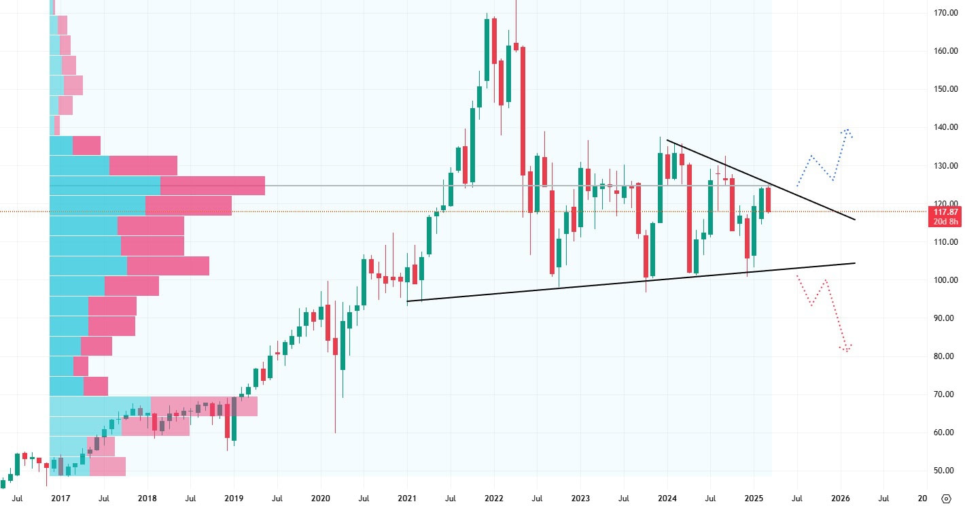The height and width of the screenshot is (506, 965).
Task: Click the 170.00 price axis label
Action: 945,13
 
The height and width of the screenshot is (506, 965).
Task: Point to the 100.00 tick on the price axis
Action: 945,280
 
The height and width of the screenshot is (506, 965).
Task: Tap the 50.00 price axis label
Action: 945,471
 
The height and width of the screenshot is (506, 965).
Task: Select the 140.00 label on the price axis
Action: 945,127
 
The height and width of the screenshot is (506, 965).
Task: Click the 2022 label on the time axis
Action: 494,499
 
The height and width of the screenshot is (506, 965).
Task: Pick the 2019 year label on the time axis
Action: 234,499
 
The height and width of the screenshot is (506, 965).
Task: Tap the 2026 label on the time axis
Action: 841,499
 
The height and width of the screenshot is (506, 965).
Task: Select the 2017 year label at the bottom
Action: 60,499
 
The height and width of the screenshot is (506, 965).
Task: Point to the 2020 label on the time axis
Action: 320,499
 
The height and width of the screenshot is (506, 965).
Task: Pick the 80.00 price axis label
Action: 945,356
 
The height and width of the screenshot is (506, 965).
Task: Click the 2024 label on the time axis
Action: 667,499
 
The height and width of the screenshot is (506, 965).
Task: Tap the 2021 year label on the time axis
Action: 407,499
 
